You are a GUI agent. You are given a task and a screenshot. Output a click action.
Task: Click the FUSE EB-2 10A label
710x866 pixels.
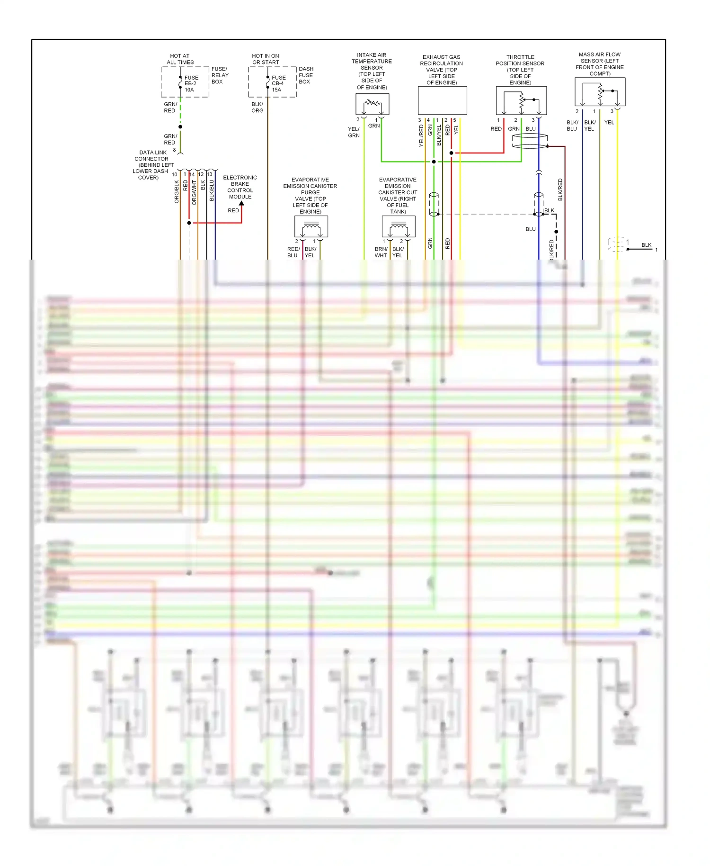tap(191, 83)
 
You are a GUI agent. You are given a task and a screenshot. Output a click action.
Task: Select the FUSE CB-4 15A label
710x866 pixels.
tap(278, 83)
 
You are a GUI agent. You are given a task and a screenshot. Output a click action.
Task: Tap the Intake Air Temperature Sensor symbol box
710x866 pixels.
tap(372, 104)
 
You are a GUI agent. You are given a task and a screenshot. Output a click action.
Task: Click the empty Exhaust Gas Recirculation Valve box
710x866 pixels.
tap(442, 100)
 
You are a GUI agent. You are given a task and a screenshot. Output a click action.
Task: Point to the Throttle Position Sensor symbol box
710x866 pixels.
tap(521, 100)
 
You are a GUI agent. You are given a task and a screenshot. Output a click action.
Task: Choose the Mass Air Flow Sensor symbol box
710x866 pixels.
tap(600, 91)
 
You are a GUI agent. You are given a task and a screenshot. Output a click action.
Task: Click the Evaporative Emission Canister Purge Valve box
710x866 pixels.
tap(311, 226)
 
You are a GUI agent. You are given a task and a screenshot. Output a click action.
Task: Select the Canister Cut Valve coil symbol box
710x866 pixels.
tap(399, 226)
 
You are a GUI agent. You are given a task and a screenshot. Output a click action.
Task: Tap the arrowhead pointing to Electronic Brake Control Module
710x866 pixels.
tap(241, 204)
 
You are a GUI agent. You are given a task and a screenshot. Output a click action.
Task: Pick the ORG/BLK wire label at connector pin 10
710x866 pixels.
tap(177, 192)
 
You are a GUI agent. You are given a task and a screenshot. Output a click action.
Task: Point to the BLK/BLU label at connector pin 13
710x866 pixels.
tap(212, 190)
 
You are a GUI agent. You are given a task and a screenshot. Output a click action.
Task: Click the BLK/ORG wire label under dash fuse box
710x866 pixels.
tap(257, 107)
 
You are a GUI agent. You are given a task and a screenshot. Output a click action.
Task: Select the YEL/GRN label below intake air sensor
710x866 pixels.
tap(354, 132)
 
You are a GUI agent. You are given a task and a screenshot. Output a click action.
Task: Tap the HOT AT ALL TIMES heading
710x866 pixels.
tap(180, 59)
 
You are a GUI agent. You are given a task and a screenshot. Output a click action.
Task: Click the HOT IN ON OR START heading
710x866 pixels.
tap(266, 59)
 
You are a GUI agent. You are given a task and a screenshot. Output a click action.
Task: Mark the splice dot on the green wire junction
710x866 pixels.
tap(434, 162)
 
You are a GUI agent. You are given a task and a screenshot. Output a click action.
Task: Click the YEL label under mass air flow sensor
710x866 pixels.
tap(609, 122)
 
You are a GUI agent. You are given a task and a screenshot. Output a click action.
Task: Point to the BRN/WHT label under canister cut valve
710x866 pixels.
tap(381, 252)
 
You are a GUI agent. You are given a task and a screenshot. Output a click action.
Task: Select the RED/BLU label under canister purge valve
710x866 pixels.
tap(293, 252)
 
